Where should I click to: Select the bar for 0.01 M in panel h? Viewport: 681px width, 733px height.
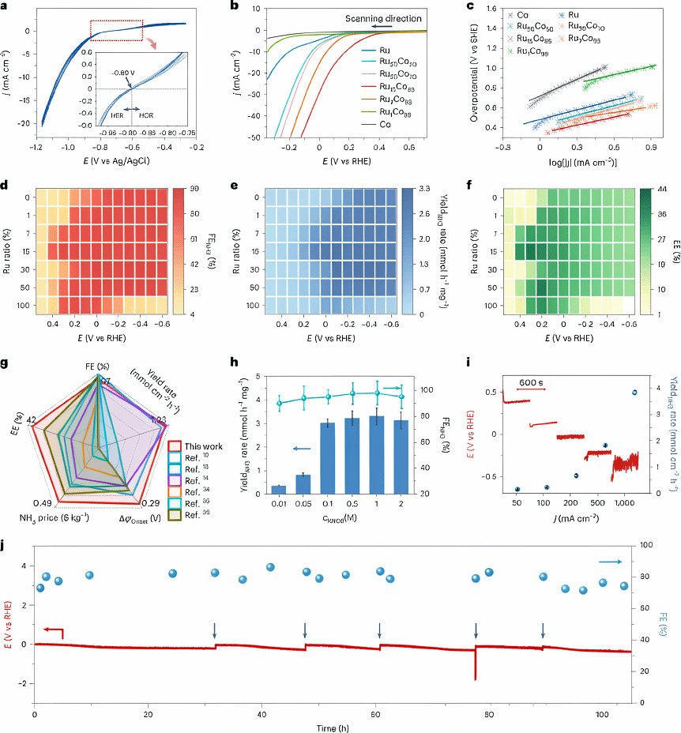(x=278, y=508)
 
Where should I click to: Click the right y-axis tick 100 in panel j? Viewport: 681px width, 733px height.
(x=648, y=545)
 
